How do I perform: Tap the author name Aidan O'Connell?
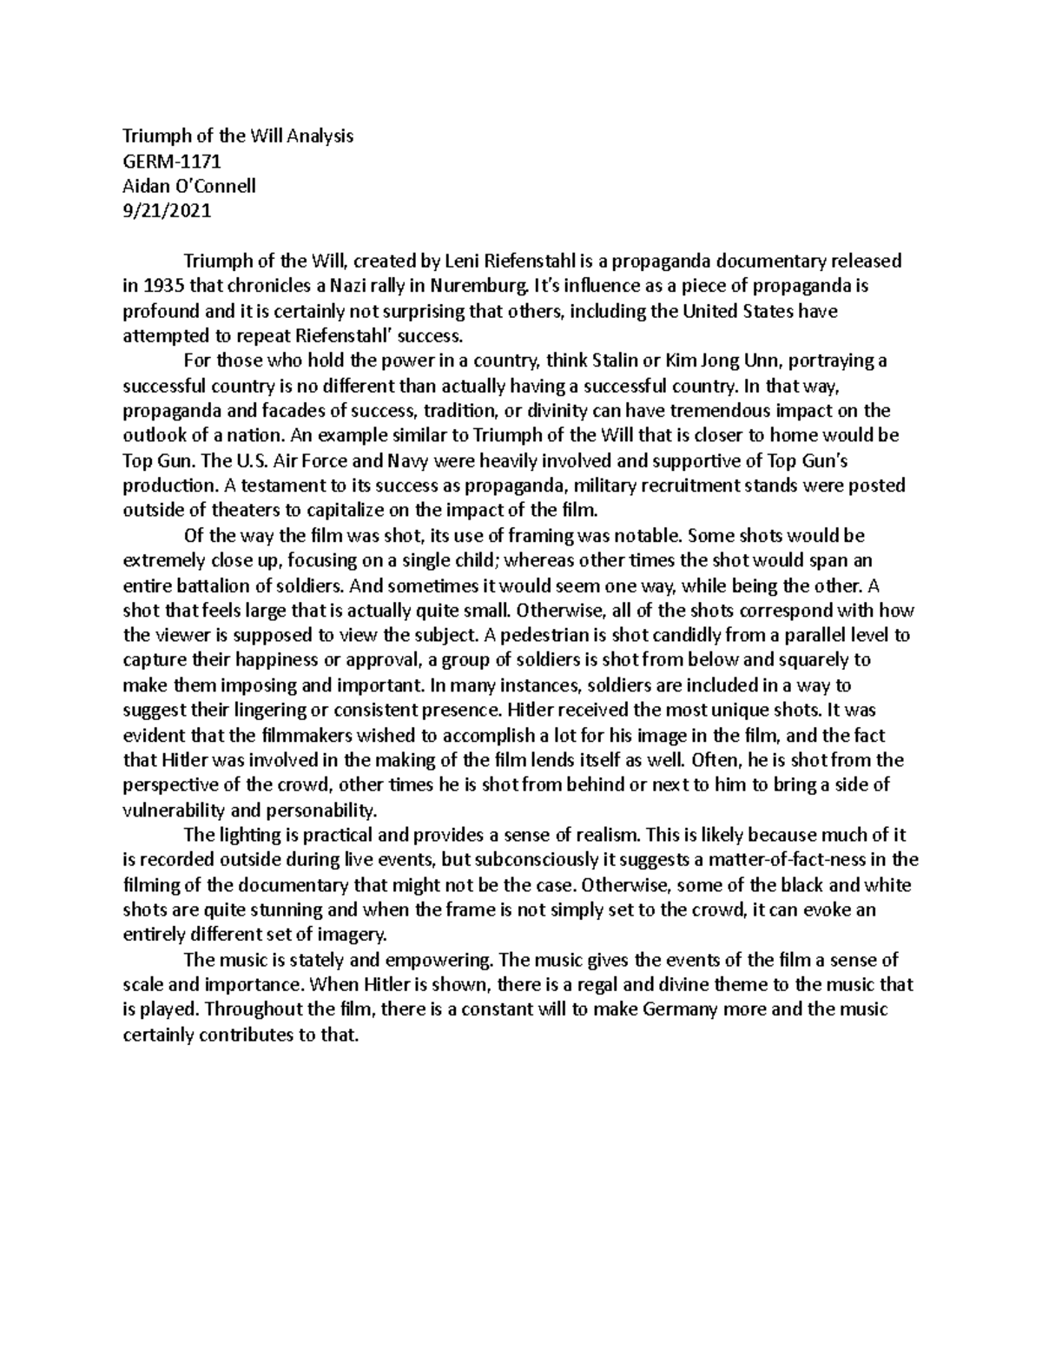click(189, 186)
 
